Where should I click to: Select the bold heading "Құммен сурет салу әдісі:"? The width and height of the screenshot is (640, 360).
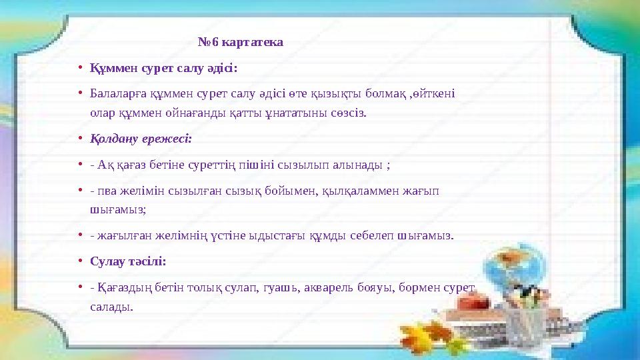[163, 68]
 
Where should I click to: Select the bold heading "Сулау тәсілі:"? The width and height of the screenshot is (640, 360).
[128, 261]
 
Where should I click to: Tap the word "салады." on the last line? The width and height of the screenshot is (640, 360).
[111, 307]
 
